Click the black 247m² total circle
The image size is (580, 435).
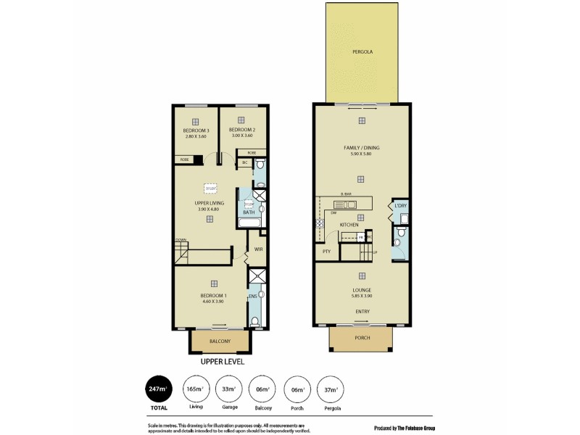coord(159,390)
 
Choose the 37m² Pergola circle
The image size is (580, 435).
coord(331,390)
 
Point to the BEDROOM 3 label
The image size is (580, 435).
coord(196,130)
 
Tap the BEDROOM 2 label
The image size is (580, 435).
coord(237,130)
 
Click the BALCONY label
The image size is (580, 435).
coord(220,341)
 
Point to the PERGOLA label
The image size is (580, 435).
coord(362,52)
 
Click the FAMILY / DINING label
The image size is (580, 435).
coord(361,148)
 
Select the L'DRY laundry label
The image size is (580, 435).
coord(400,206)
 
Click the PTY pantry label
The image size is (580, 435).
coord(326,251)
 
